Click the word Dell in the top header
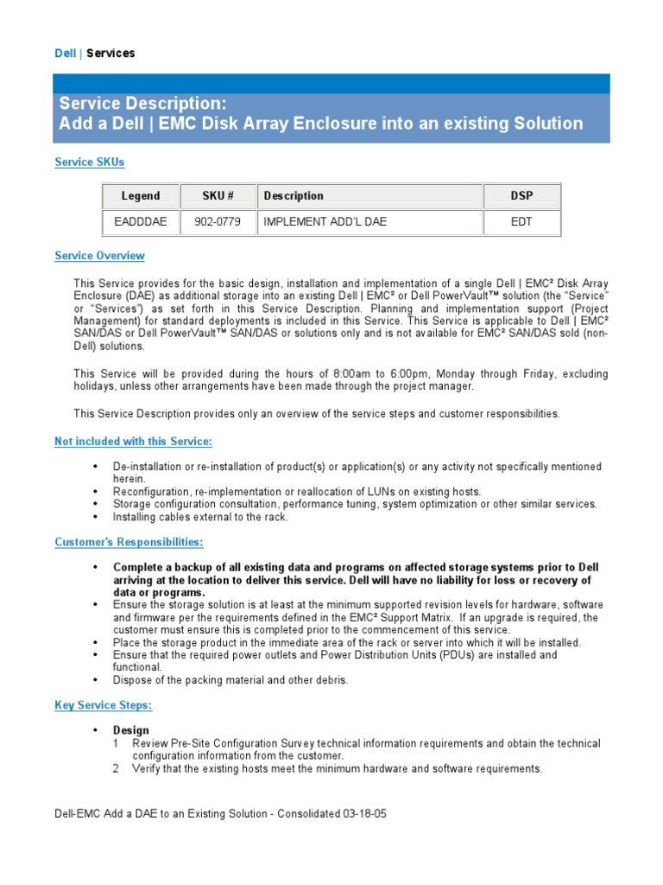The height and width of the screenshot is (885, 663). pos(66,54)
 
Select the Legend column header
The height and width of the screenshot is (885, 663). pos(141,196)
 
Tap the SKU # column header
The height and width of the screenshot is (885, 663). pos(218,196)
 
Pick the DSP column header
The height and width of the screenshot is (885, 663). pos(521,196)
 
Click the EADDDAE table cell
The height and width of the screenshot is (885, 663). pos(141,222)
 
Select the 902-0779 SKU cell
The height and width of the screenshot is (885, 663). pos(218,222)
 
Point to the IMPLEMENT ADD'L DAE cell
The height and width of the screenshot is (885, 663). pos(325,222)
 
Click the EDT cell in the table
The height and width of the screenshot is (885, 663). pos(521,222)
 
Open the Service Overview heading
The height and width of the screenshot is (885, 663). pos(99,256)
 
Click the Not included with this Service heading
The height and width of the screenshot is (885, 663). pos(133,442)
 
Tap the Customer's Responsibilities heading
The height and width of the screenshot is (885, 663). pos(129,542)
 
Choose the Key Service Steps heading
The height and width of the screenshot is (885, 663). pos(104,705)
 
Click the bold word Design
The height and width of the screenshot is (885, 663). pos(131,730)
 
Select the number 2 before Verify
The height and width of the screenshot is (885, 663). pos(116,768)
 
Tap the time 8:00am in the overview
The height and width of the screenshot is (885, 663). pos(312,373)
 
